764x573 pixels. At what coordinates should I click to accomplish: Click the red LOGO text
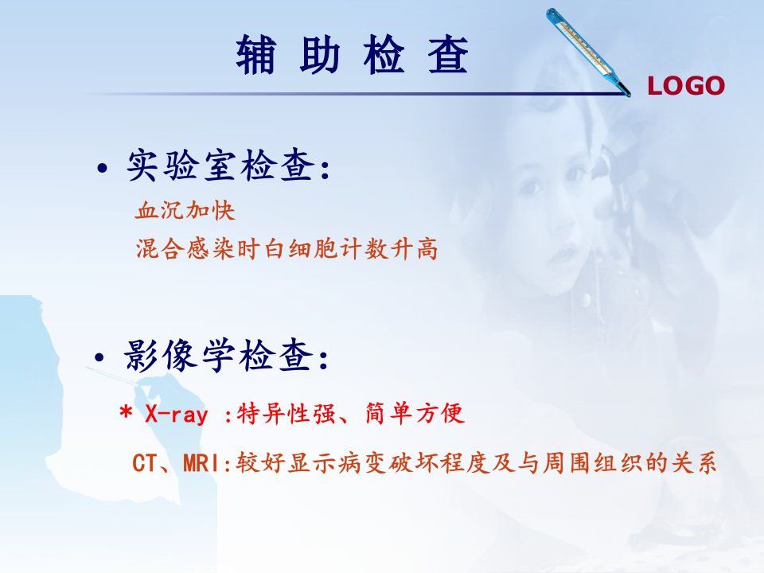(x=685, y=86)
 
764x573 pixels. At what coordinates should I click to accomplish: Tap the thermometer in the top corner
(x=587, y=52)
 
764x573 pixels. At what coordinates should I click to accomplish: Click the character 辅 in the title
(x=256, y=55)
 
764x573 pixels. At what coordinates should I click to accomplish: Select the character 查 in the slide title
(x=448, y=55)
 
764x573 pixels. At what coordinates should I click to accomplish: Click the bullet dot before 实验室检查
(x=102, y=169)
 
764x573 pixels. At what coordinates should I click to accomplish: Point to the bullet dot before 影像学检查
(x=99, y=358)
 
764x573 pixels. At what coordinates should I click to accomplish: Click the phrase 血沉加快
(x=185, y=210)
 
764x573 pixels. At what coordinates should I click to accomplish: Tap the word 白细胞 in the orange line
(x=301, y=249)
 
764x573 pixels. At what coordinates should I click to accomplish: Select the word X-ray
(x=177, y=415)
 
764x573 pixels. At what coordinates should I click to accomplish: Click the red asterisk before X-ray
(x=126, y=413)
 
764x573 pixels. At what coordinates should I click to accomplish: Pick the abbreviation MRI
(x=201, y=463)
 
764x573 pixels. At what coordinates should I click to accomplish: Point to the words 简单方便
(x=415, y=414)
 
